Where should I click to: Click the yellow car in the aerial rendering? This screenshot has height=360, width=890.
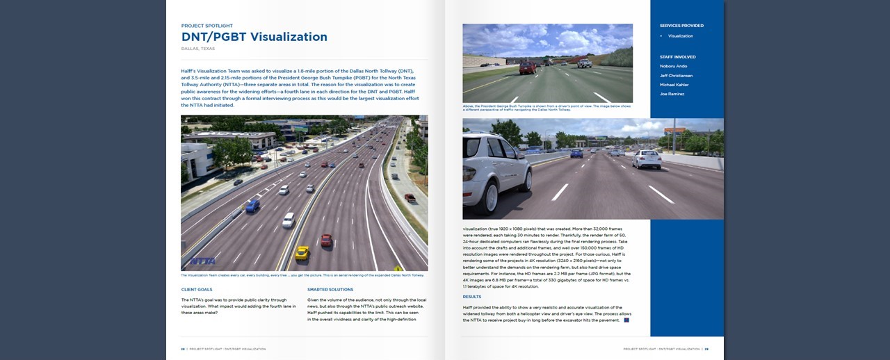(302, 252)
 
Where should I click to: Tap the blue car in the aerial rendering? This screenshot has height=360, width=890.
(252, 206)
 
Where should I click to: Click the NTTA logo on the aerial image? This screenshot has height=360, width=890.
(202, 261)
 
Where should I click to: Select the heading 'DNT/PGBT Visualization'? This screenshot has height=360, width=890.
(254, 37)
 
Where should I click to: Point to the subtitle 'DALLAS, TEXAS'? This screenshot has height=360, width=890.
(198, 49)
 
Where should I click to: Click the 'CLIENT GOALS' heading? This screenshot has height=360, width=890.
(197, 289)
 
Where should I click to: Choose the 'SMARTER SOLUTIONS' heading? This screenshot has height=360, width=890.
(330, 289)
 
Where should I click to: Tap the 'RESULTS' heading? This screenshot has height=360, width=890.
(471, 297)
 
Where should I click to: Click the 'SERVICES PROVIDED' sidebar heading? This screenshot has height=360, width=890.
(681, 26)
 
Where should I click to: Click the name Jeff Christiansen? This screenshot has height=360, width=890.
(676, 75)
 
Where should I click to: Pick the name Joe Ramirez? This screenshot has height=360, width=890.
(672, 94)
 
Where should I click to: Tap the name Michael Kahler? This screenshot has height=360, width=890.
(674, 85)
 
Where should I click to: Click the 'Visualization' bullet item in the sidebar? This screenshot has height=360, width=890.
(680, 35)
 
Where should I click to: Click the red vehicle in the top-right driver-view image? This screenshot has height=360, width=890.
(528, 67)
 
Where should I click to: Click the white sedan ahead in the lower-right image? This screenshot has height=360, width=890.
(647, 159)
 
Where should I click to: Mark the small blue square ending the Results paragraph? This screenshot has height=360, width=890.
(626, 320)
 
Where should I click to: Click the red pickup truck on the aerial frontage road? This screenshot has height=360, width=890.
(410, 198)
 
